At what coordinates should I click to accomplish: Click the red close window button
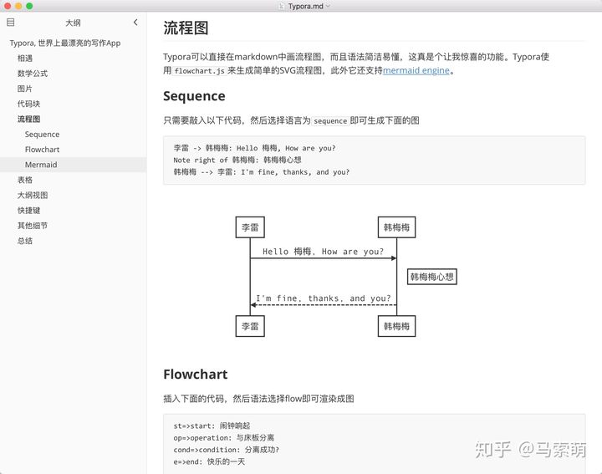click(7, 6)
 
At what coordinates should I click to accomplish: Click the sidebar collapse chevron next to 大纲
click(135, 23)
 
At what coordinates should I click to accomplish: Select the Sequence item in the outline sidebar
click(42, 134)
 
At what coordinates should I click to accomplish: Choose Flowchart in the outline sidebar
click(42, 150)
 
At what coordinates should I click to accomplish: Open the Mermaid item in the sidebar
click(41, 165)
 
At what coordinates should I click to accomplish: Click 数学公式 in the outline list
click(33, 74)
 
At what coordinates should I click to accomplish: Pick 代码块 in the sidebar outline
click(28, 104)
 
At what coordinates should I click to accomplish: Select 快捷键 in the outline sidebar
click(28, 211)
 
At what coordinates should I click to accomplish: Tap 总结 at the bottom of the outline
click(25, 241)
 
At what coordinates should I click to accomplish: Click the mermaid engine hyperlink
click(416, 71)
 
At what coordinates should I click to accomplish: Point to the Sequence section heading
click(194, 96)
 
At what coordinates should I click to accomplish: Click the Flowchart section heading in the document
click(195, 374)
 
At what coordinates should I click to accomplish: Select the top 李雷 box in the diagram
click(250, 227)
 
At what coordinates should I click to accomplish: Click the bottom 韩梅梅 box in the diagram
click(396, 326)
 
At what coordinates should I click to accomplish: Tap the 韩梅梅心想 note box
click(431, 277)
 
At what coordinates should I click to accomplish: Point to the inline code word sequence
click(330, 120)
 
